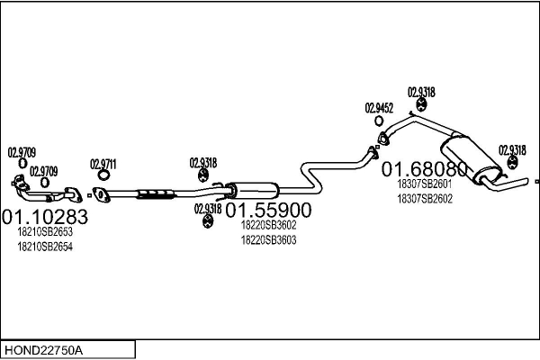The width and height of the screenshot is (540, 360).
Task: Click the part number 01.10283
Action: [45, 217]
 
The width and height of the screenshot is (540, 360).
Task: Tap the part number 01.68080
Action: [426, 168]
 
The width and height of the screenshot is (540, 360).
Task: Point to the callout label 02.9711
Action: [103, 164]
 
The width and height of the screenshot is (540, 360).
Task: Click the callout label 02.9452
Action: [380, 108]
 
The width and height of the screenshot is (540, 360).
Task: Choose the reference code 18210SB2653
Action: [45, 232]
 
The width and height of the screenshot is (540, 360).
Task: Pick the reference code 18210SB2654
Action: [45, 246]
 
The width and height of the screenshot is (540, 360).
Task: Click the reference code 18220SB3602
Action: [268, 226]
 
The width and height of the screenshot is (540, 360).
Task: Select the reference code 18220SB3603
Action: [268, 240]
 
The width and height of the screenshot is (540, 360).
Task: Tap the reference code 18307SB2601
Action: [424, 184]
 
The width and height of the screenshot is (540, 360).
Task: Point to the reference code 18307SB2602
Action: [424, 198]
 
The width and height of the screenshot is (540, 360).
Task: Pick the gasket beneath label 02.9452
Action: [382, 138]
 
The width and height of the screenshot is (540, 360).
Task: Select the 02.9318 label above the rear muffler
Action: [421, 92]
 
